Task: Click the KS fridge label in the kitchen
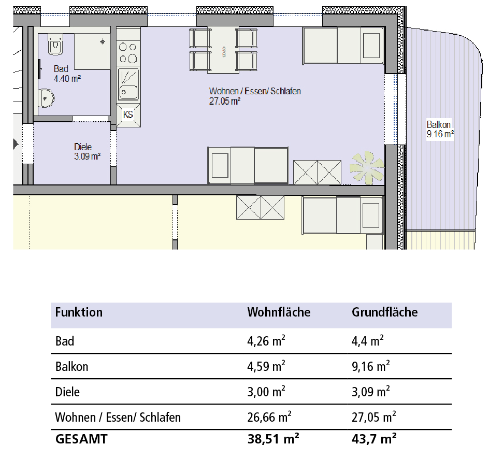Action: point(128,114)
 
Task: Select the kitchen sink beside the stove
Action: point(128,84)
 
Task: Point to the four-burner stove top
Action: point(128,53)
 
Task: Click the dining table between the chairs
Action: point(223,50)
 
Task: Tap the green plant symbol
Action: point(367,168)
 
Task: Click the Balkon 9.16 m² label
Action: point(440,129)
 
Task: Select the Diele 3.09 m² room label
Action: point(88,152)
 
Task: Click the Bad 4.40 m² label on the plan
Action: point(67,74)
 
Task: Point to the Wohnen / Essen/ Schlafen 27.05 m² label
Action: point(255,96)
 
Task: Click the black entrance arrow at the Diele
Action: point(16,144)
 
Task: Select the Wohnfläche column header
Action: point(279,312)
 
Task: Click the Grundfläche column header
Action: point(384,312)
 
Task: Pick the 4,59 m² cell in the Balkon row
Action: point(266,366)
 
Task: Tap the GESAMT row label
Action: point(81,439)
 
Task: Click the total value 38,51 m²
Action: point(273,439)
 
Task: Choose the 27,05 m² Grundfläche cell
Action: point(374,417)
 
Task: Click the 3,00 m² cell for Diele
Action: point(266,392)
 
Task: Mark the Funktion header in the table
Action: point(79,312)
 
